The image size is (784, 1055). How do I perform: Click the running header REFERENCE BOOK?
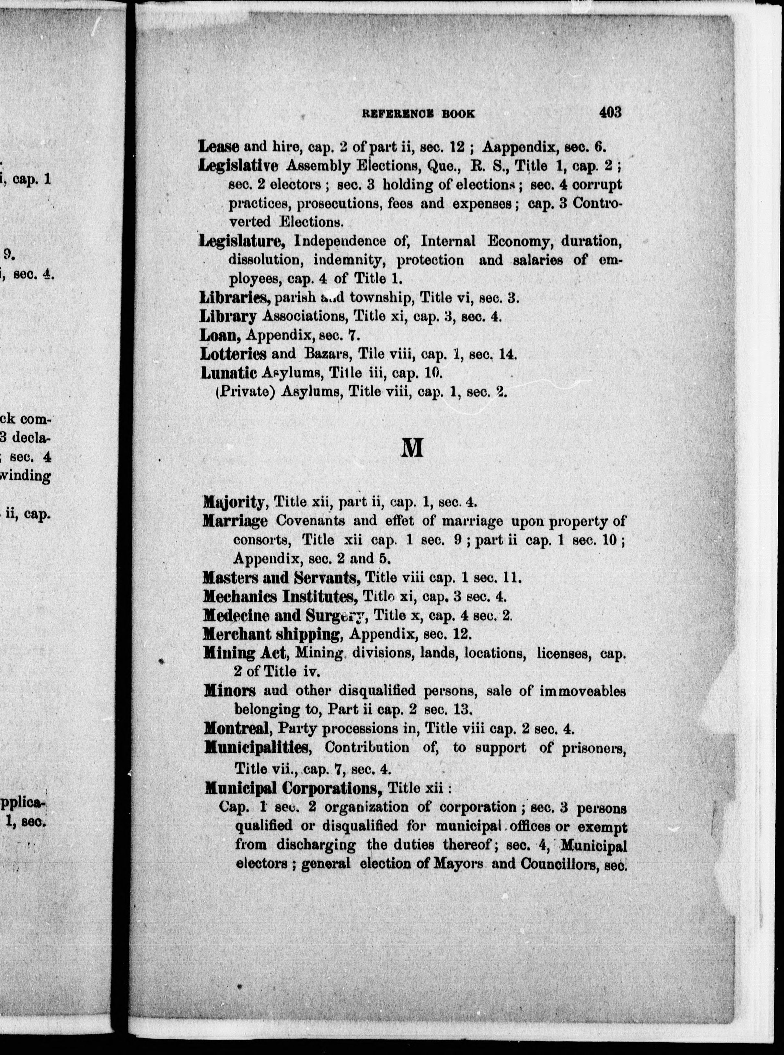[418, 114]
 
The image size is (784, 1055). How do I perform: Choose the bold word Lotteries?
[233, 354]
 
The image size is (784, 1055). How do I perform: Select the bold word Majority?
[233, 501]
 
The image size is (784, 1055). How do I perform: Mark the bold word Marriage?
[235, 521]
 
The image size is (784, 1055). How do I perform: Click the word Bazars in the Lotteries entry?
[322, 354]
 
